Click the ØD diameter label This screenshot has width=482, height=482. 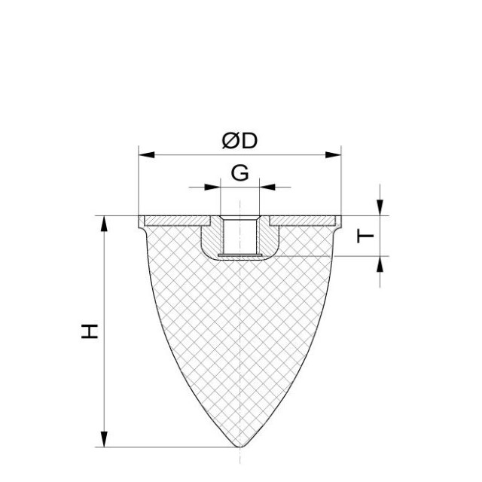(239, 141)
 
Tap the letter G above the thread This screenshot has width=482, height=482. (239, 173)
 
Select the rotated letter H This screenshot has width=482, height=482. (90, 331)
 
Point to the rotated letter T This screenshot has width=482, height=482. (365, 236)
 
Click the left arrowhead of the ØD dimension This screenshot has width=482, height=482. (147, 155)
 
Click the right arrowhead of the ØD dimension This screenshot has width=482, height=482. (333, 155)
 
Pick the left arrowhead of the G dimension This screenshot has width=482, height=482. (212, 187)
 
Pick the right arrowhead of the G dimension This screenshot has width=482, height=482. (267, 187)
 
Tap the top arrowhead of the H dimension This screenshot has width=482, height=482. (105, 224)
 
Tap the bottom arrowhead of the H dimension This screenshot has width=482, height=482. (105, 439)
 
